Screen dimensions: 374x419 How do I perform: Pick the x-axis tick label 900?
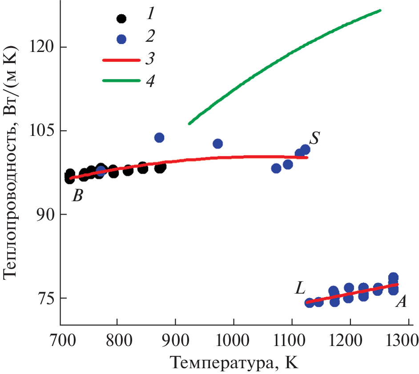click(x=175, y=342)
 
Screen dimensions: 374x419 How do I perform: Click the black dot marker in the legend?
click(x=121, y=19)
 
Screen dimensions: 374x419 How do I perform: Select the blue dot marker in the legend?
click(x=121, y=39)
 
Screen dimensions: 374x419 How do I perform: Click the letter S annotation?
click(x=314, y=139)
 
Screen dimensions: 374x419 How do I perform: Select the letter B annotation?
click(x=78, y=195)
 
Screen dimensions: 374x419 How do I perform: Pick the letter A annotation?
click(x=401, y=302)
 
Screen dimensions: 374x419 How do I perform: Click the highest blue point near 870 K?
click(x=159, y=138)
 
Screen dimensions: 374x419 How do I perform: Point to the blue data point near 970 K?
click(x=218, y=143)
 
